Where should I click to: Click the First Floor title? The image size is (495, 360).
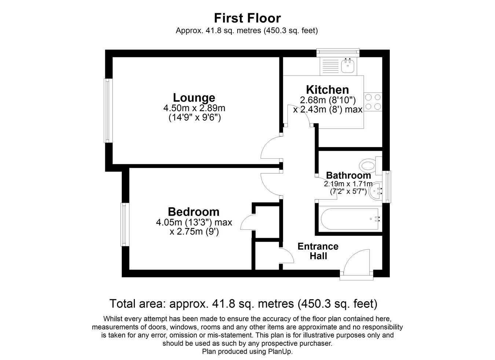pyautogui.click(x=247, y=18)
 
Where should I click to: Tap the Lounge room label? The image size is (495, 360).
pyautogui.click(x=194, y=98)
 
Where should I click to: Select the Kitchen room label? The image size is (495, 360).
pyautogui.click(x=327, y=90)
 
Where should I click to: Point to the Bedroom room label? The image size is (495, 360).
pyautogui.click(x=194, y=212)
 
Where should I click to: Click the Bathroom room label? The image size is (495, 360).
pyautogui.click(x=348, y=176)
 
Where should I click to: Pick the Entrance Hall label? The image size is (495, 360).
pyautogui.click(x=318, y=251)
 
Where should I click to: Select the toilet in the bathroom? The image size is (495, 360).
pyautogui.click(x=368, y=166)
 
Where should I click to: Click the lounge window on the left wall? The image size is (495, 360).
pyautogui.click(x=107, y=110)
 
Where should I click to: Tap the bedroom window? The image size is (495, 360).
pyautogui.click(x=124, y=224)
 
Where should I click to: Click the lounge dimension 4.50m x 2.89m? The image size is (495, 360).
pyautogui.click(x=194, y=109)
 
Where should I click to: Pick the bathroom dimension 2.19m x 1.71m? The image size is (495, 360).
pyautogui.click(x=348, y=184)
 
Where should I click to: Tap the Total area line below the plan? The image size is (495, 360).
pyautogui.click(x=243, y=304)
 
